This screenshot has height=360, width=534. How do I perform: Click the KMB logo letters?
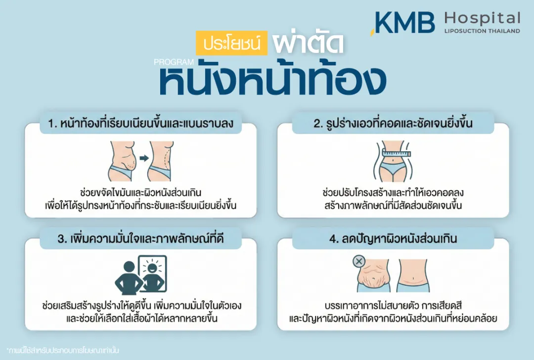click(x=404, y=22)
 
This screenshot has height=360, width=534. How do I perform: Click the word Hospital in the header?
click(x=482, y=19)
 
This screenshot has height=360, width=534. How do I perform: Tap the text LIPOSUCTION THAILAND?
click(x=482, y=31)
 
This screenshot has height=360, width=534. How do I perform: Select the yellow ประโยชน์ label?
click(x=231, y=44)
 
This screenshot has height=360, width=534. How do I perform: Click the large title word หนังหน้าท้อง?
click(x=272, y=82)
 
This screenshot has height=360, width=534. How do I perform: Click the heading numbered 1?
click(x=140, y=124)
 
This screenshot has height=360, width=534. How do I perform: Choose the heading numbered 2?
click(x=393, y=124)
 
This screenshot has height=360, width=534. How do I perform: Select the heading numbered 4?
click(x=393, y=239)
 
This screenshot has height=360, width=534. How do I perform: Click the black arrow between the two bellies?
click(x=143, y=158)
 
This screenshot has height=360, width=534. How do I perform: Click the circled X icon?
click(x=359, y=261)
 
